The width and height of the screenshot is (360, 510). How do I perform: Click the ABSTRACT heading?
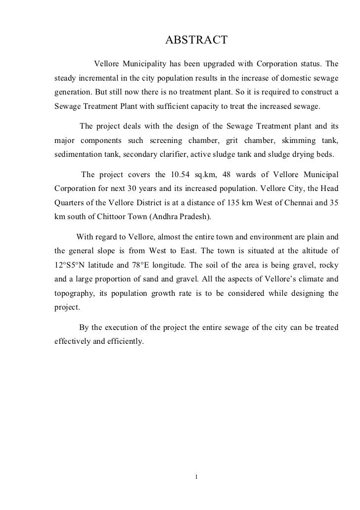point(195,40)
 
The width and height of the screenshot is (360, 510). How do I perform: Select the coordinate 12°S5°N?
point(69,264)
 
